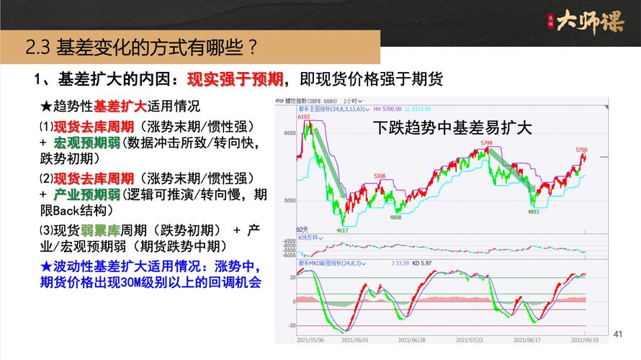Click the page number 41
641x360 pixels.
coord(617,333)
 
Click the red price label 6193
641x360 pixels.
coord(303,117)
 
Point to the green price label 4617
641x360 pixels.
coord(342,230)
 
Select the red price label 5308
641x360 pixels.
coord(380,176)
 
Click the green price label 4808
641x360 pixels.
coord(396,217)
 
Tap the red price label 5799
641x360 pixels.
coord(487,143)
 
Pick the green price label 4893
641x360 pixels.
coord(534,212)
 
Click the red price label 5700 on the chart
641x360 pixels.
coord(581,150)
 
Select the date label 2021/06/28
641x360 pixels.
coord(411,339)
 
